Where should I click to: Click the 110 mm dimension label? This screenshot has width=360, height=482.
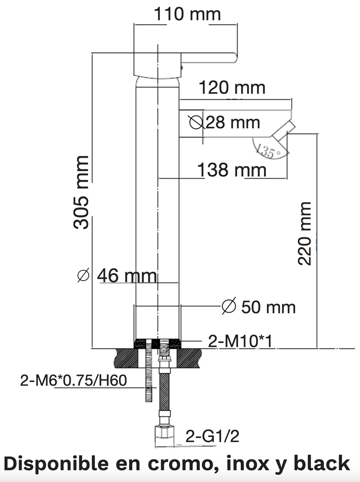pyautogui.click(x=188, y=14)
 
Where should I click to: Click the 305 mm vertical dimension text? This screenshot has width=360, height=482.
pyautogui.click(x=82, y=192)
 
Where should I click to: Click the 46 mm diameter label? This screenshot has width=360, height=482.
pyautogui.click(x=126, y=276)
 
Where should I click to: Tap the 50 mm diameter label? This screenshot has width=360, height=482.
pyautogui.click(x=268, y=308)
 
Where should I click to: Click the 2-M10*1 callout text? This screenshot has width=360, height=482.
pyautogui.click(x=240, y=342)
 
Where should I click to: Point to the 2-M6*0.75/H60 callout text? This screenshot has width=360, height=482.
pyautogui.click(x=74, y=381)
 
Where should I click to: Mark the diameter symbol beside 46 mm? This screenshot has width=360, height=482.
pyautogui.click(x=83, y=276)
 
